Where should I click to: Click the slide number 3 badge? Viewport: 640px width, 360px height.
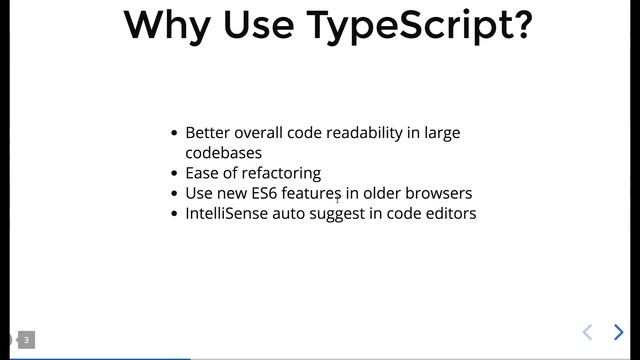tap(27, 340)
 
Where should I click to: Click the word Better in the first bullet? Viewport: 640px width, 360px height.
tap(208, 133)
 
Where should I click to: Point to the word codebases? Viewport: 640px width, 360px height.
tap(224, 153)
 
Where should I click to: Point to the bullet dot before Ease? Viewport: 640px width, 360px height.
tap(175, 173)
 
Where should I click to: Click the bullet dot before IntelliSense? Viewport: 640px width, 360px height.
tap(175, 213)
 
